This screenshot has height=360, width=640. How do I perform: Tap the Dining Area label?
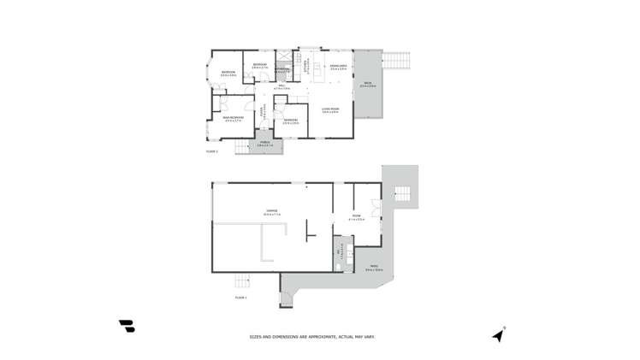pyautogui.click(x=337, y=67)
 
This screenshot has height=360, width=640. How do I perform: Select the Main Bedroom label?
pyautogui.click(x=234, y=118)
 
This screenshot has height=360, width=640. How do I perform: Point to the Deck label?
pyautogui.click(x=367, y=85)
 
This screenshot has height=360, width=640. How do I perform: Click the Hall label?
pyautogui.click(x=281, y=86)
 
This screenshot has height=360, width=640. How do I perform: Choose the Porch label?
pyautogui.click(x=264, y=144)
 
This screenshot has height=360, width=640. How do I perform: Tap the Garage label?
pyautogui.click(x=271, y=210)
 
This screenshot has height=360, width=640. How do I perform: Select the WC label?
pyautogui.click(x=340, y=251)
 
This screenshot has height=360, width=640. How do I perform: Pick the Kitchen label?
pyautogui.click(x=305, y=64)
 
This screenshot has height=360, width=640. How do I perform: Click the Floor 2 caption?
pyautogui.click(x=212, y=151)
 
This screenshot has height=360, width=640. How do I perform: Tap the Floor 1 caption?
pyautogui.click(x=240, y=297)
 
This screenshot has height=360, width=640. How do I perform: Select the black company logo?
pyautogui.click(x=127, y=326)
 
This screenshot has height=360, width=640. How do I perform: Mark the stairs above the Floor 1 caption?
pyautogui.click(x=243, y=282)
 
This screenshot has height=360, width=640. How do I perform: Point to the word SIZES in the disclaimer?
pyautogui.click(x=256, y=337)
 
